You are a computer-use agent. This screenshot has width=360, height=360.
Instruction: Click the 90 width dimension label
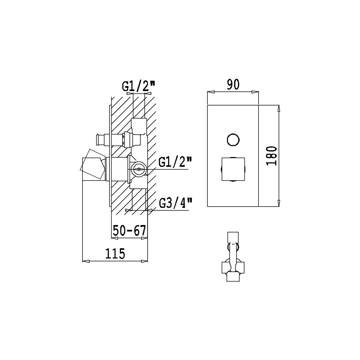click(233, 84)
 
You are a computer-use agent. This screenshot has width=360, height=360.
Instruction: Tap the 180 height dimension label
click(272, 156)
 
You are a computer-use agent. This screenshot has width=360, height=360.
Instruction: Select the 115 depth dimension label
click(115, 253)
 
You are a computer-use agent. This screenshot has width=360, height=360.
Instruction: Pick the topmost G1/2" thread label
click(139, 86)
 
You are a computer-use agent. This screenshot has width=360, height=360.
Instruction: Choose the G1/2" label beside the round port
click(175, 163)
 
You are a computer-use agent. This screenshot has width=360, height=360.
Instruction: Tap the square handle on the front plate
click(233, 169)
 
